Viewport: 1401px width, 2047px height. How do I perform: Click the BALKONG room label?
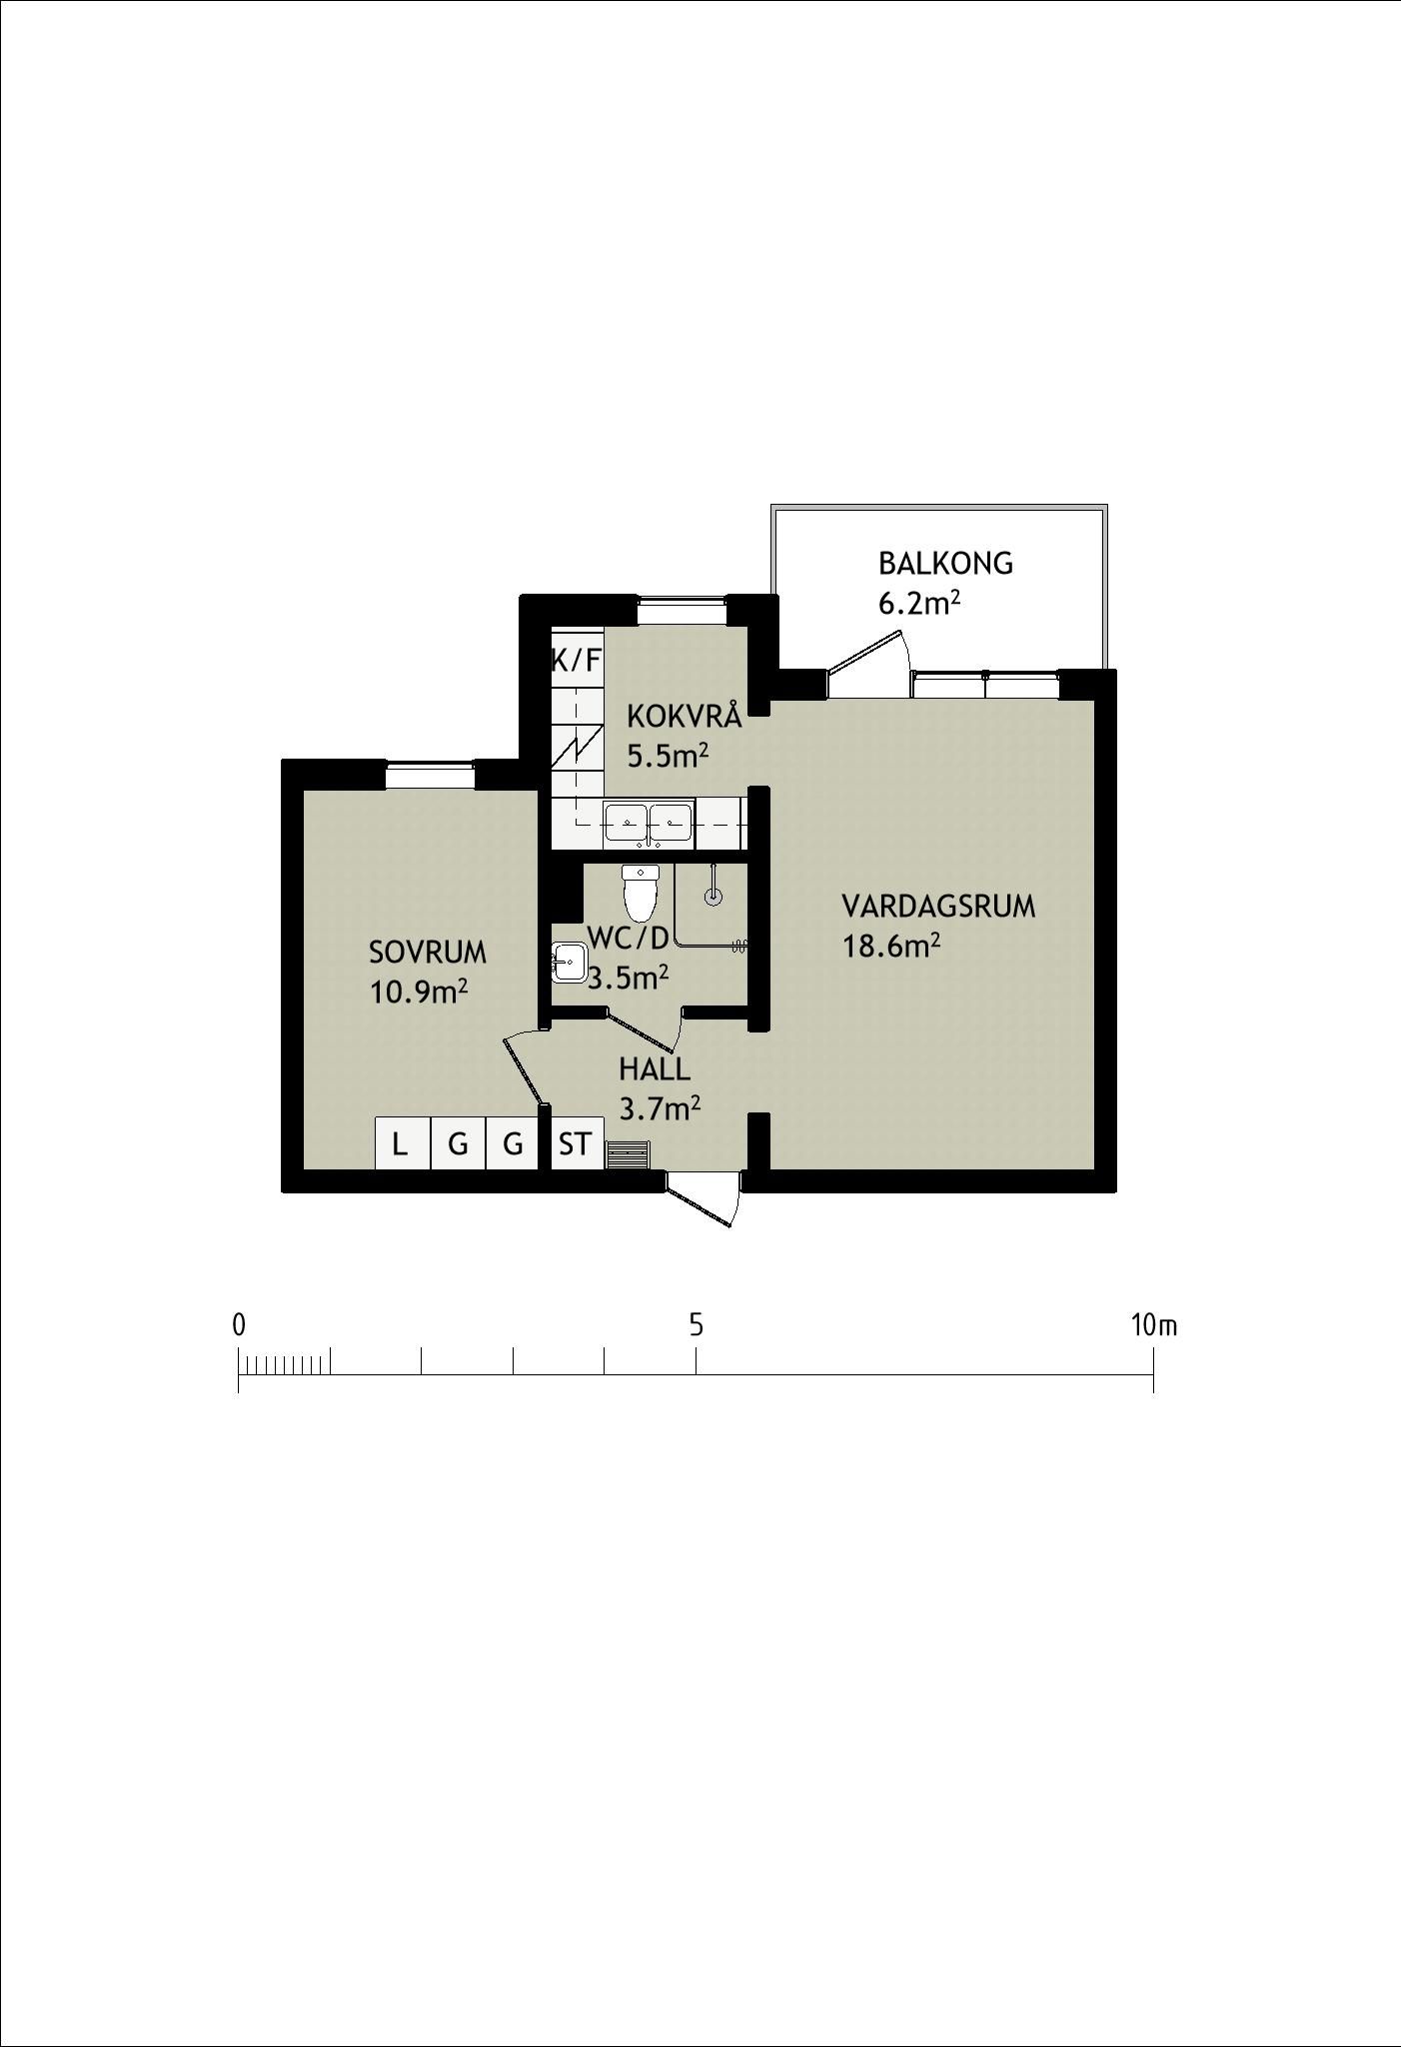pos(945,564)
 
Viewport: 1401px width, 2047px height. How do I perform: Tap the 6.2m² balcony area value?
pos(919,603)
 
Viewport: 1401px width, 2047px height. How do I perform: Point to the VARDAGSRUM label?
pos(938,907)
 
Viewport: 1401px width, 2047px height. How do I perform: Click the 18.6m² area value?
pos(891,945)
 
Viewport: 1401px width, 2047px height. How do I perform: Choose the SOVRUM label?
pos(428,953)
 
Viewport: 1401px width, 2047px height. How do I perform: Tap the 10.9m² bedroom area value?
pos(419,992)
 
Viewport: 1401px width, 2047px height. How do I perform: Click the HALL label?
pos(655,1069)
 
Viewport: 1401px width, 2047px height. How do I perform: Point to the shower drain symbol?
pos(712,896)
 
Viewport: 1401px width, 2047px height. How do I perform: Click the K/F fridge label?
pos(577,660)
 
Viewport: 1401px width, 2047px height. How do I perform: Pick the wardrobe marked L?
pos(402,1142)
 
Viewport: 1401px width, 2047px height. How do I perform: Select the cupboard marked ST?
pos(577,1142)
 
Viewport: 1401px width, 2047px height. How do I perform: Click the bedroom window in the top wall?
pos(430,774)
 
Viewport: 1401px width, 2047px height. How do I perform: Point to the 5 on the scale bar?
pos(696,1325)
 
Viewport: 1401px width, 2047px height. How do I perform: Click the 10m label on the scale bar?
pos(1154,1325)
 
